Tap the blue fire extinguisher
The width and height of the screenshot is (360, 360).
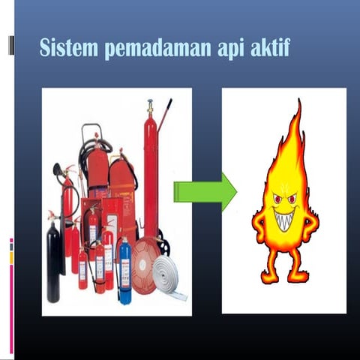pyautogui.click(x=125, y=271)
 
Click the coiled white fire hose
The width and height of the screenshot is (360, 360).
pyautogui.click(x=166, y=273)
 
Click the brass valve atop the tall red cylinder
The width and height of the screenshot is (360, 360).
pyautogui.click(x=150, y=106)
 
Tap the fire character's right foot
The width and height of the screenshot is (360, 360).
pyautogui.click(x=300, y=278)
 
